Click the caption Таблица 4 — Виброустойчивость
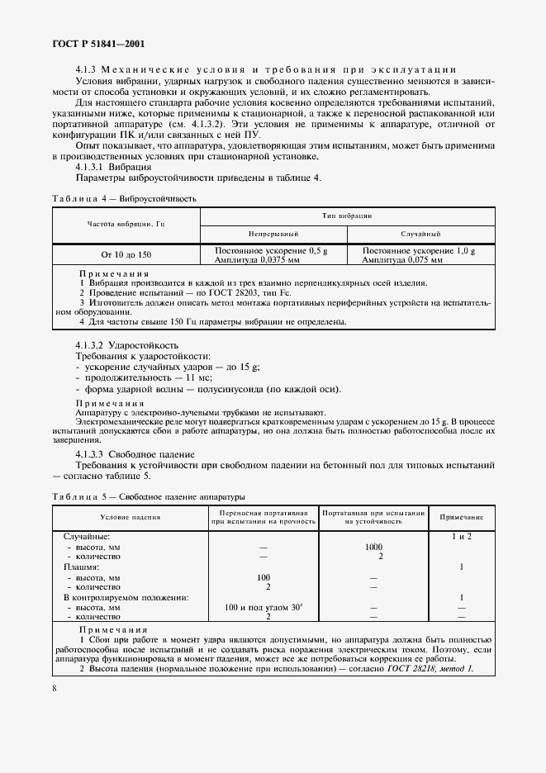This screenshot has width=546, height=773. coord(124,199)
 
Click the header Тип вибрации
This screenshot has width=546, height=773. coord(346,215)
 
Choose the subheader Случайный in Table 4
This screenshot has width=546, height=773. coord(420,234)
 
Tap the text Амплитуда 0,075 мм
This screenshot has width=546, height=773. coord(403,259)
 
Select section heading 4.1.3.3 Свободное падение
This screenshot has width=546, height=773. coord(135,454)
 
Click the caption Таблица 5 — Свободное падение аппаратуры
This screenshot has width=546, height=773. coord(149,498)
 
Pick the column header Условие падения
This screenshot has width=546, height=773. coord(131,518)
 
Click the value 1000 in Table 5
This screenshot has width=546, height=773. coord(373,547)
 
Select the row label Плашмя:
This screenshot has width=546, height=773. coord(82,567)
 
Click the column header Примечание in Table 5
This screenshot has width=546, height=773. coord(461,518)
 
